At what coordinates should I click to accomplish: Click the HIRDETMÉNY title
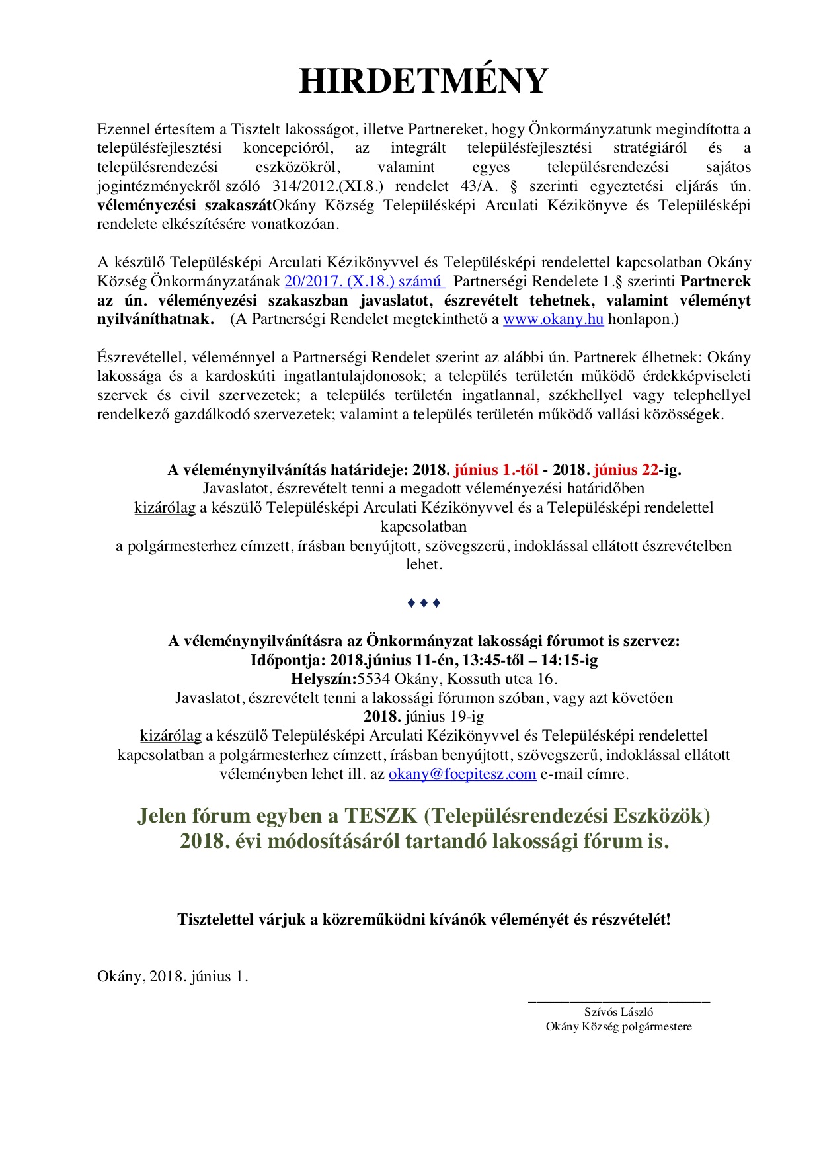424,81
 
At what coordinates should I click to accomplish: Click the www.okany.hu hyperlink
553,319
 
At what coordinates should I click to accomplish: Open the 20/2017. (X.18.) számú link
364,282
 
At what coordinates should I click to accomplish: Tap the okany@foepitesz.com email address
462,774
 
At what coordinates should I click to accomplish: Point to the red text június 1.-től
495,470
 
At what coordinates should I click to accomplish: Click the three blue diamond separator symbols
424,603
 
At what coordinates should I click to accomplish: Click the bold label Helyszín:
323,679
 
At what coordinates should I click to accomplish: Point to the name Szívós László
619,1012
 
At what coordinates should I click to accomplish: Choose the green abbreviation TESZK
380,816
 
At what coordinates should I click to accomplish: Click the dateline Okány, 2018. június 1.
173,977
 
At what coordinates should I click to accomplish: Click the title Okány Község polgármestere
619,1027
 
